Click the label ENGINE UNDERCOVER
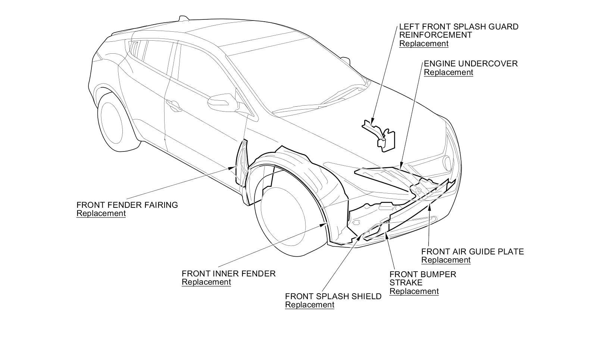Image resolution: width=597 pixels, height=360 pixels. tap(471, 63)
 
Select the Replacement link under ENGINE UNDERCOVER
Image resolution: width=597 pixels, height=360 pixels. tap(448, 72)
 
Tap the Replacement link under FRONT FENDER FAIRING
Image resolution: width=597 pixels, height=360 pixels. tap(101, 213)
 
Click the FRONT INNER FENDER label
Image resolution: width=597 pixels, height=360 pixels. tap(228, 273)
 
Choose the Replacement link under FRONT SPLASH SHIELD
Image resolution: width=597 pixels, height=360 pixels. tap(309, 305)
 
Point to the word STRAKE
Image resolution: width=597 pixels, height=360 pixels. tap(406, 282)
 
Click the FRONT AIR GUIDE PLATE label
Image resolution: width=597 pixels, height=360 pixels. tap(472, 251)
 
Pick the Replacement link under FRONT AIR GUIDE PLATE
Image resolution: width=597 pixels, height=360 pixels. tap(446, 260)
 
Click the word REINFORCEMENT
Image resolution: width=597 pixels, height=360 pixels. tap(435, 35)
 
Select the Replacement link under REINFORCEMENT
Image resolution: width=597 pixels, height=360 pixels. tap(423, 44)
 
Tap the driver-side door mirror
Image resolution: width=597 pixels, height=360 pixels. tap(223, 101)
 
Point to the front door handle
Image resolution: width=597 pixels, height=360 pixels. tap(174, 105)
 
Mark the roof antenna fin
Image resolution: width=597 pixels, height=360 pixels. tap(183, 18)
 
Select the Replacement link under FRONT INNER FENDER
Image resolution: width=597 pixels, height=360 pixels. tap(206, 282)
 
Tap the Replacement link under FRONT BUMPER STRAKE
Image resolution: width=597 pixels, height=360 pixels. tap(414, 291)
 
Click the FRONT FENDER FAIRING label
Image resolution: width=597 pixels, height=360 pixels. tap(127, 205)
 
